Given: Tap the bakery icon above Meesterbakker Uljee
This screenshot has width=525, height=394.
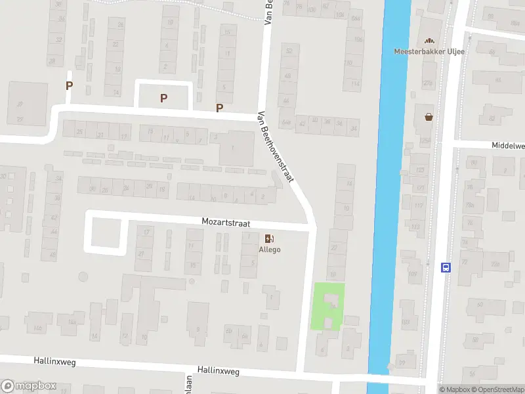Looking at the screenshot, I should [430, 41].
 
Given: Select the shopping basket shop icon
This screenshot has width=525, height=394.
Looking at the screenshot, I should [429, 117].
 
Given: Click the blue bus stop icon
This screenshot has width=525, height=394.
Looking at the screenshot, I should [446, 267].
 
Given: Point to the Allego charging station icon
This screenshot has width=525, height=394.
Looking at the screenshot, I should [270, 238].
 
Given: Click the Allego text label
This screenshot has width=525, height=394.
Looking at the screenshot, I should [270, 250].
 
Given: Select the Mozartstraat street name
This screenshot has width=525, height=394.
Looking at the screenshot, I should [226, 224].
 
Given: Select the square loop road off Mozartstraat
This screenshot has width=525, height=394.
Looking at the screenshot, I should [105, 232].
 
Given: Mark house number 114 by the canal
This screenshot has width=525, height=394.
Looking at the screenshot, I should [355, 83].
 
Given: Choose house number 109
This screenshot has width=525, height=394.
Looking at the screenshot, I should [411, 273].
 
